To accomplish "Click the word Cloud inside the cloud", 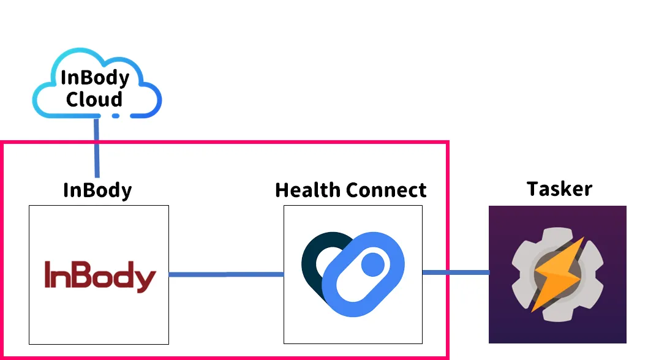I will (x=94, y=99).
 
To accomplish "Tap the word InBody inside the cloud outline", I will (x=95, y=78).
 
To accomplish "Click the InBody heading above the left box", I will (x=97, y=190).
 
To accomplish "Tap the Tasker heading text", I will (x=559, y=189).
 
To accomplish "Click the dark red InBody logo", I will (x=100, y=276).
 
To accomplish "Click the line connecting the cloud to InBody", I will (x=97, y=150).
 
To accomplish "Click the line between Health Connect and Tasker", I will (x=456, y=272).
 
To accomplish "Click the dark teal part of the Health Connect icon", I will (x=312, y=257).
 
